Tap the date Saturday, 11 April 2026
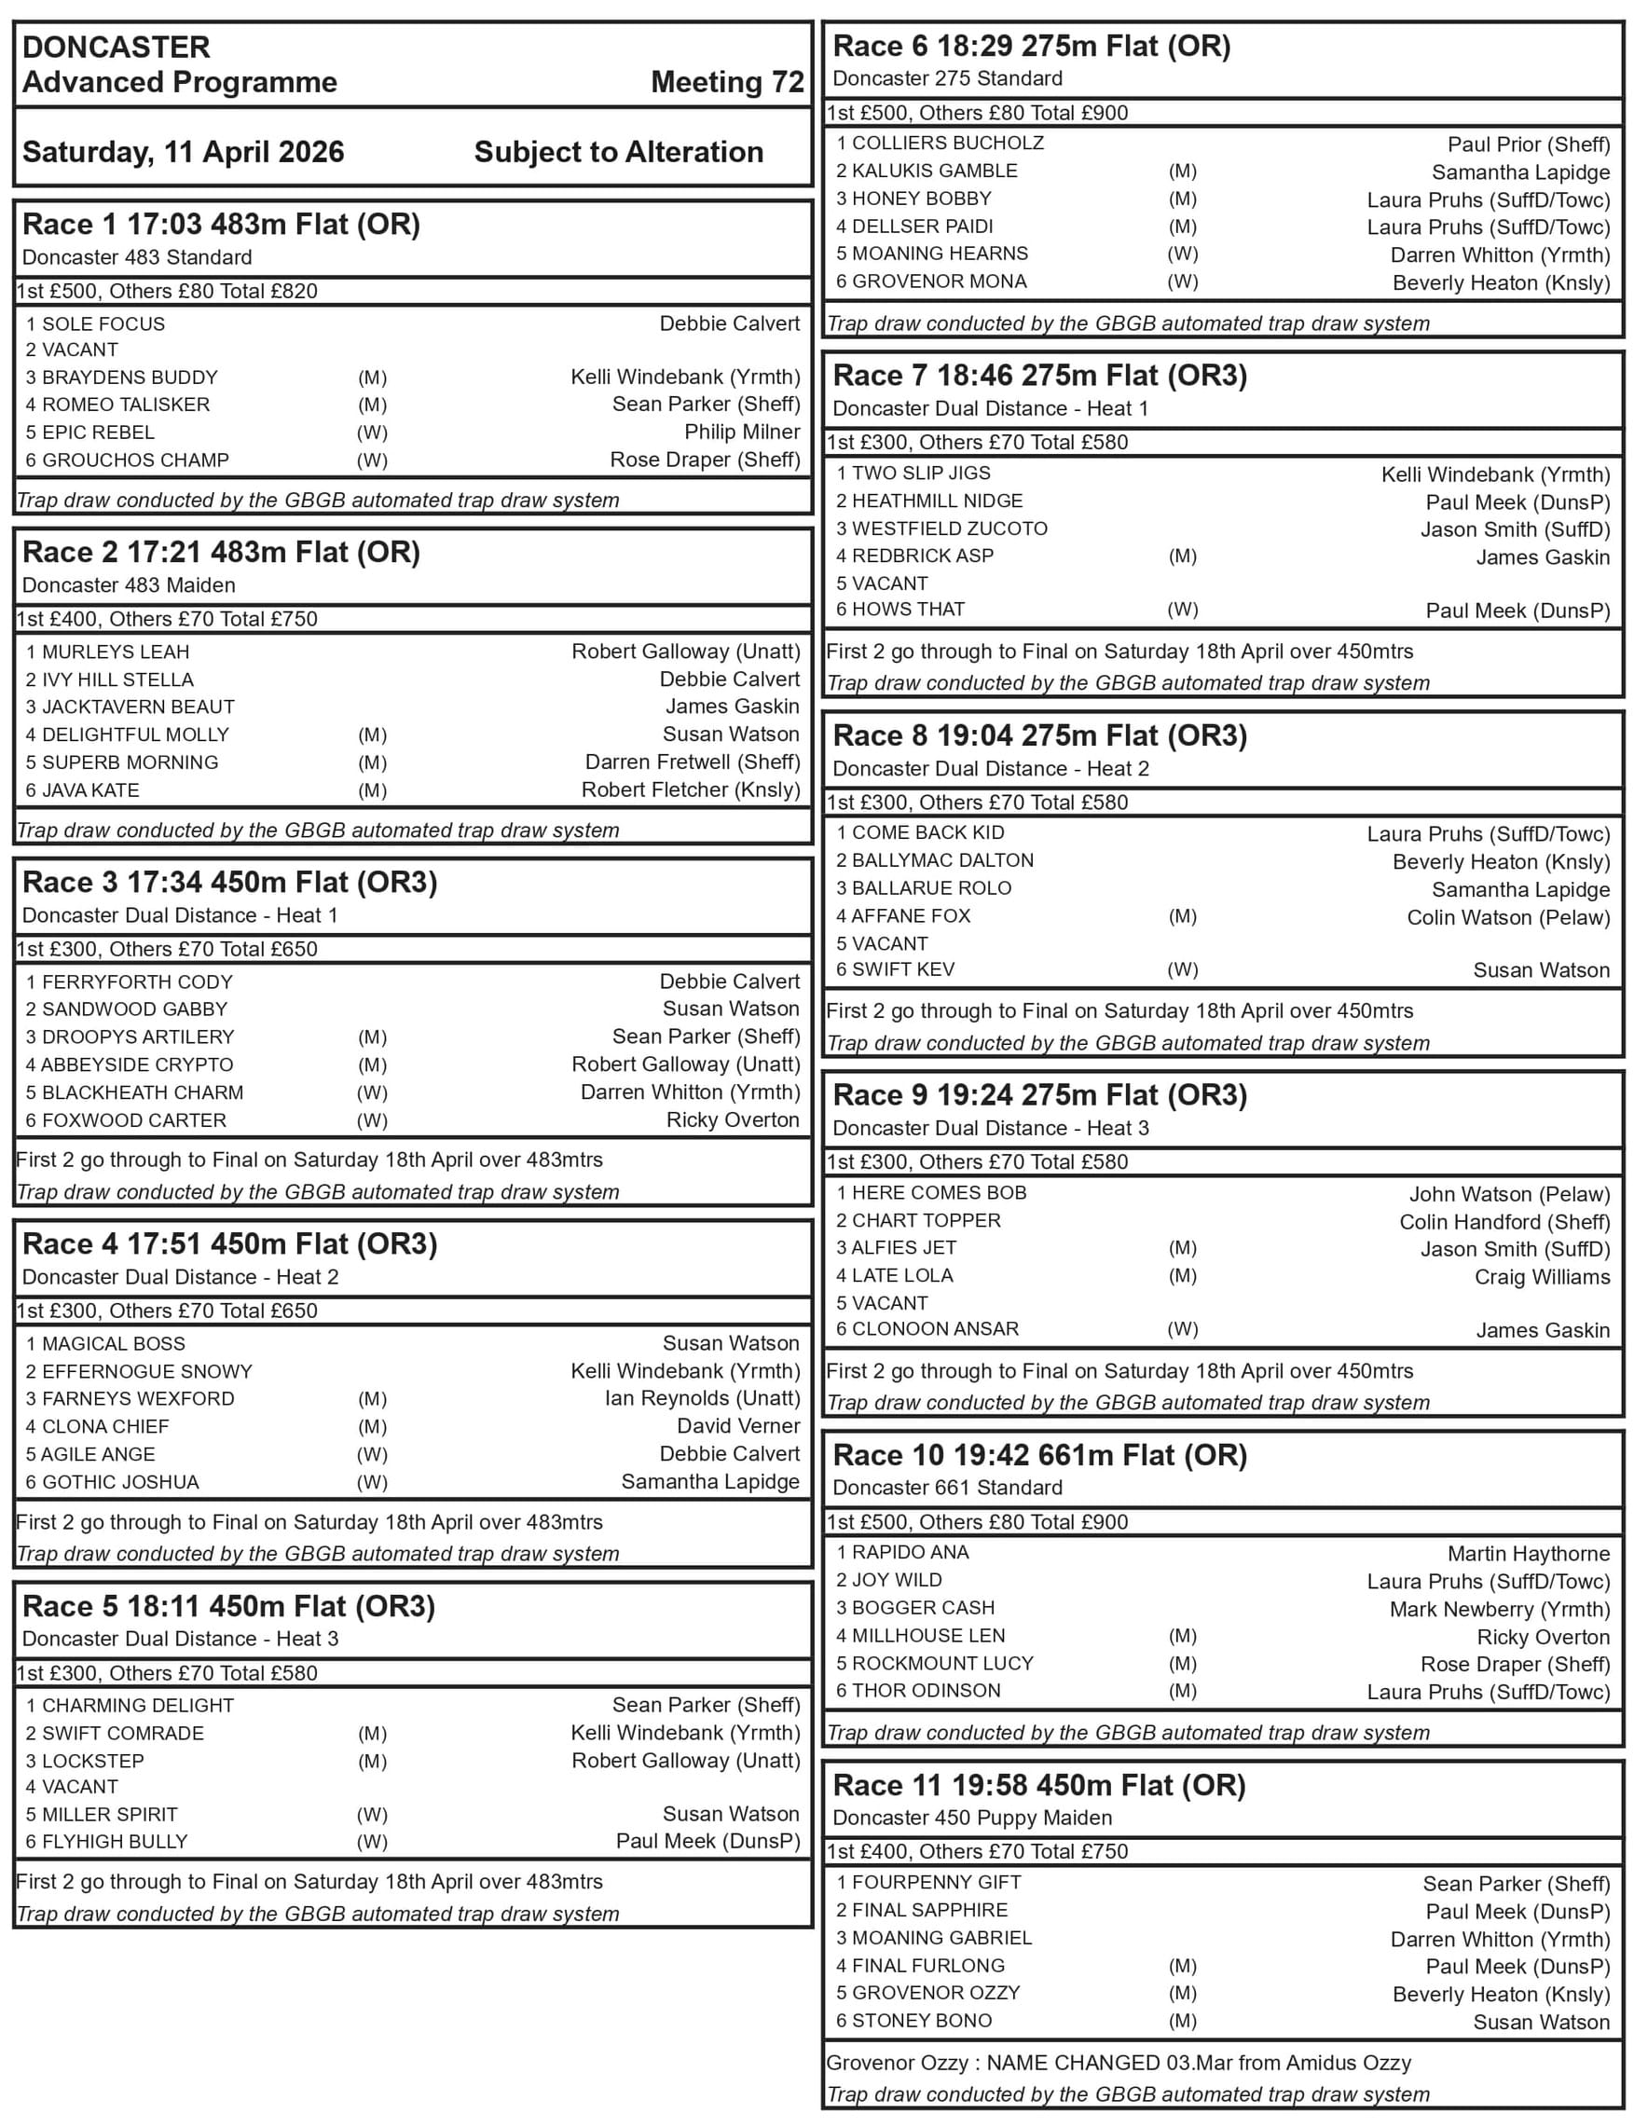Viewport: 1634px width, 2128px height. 183,152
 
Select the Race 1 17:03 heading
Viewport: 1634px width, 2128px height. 221,225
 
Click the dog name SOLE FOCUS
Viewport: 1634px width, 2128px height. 103,323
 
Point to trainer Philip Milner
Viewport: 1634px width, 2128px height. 741,432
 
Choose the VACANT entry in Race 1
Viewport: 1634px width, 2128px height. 80,350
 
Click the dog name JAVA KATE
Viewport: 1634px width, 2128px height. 90,790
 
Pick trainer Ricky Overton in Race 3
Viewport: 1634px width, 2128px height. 733,1120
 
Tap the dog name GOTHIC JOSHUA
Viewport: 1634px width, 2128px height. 120,1482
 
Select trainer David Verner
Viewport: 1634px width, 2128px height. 738,1427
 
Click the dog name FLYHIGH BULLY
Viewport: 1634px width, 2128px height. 115,1842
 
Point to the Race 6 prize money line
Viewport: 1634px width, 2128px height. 977,113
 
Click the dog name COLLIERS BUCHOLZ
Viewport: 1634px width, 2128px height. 947,143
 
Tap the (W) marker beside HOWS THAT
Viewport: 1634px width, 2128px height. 1182,610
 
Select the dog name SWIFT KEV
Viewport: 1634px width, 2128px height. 902,969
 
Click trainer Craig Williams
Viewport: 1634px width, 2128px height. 1542,1277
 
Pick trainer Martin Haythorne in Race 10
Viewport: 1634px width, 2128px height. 1528,1554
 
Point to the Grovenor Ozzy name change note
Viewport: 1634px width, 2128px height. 1118,2063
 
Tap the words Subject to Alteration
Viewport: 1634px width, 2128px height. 618,152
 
